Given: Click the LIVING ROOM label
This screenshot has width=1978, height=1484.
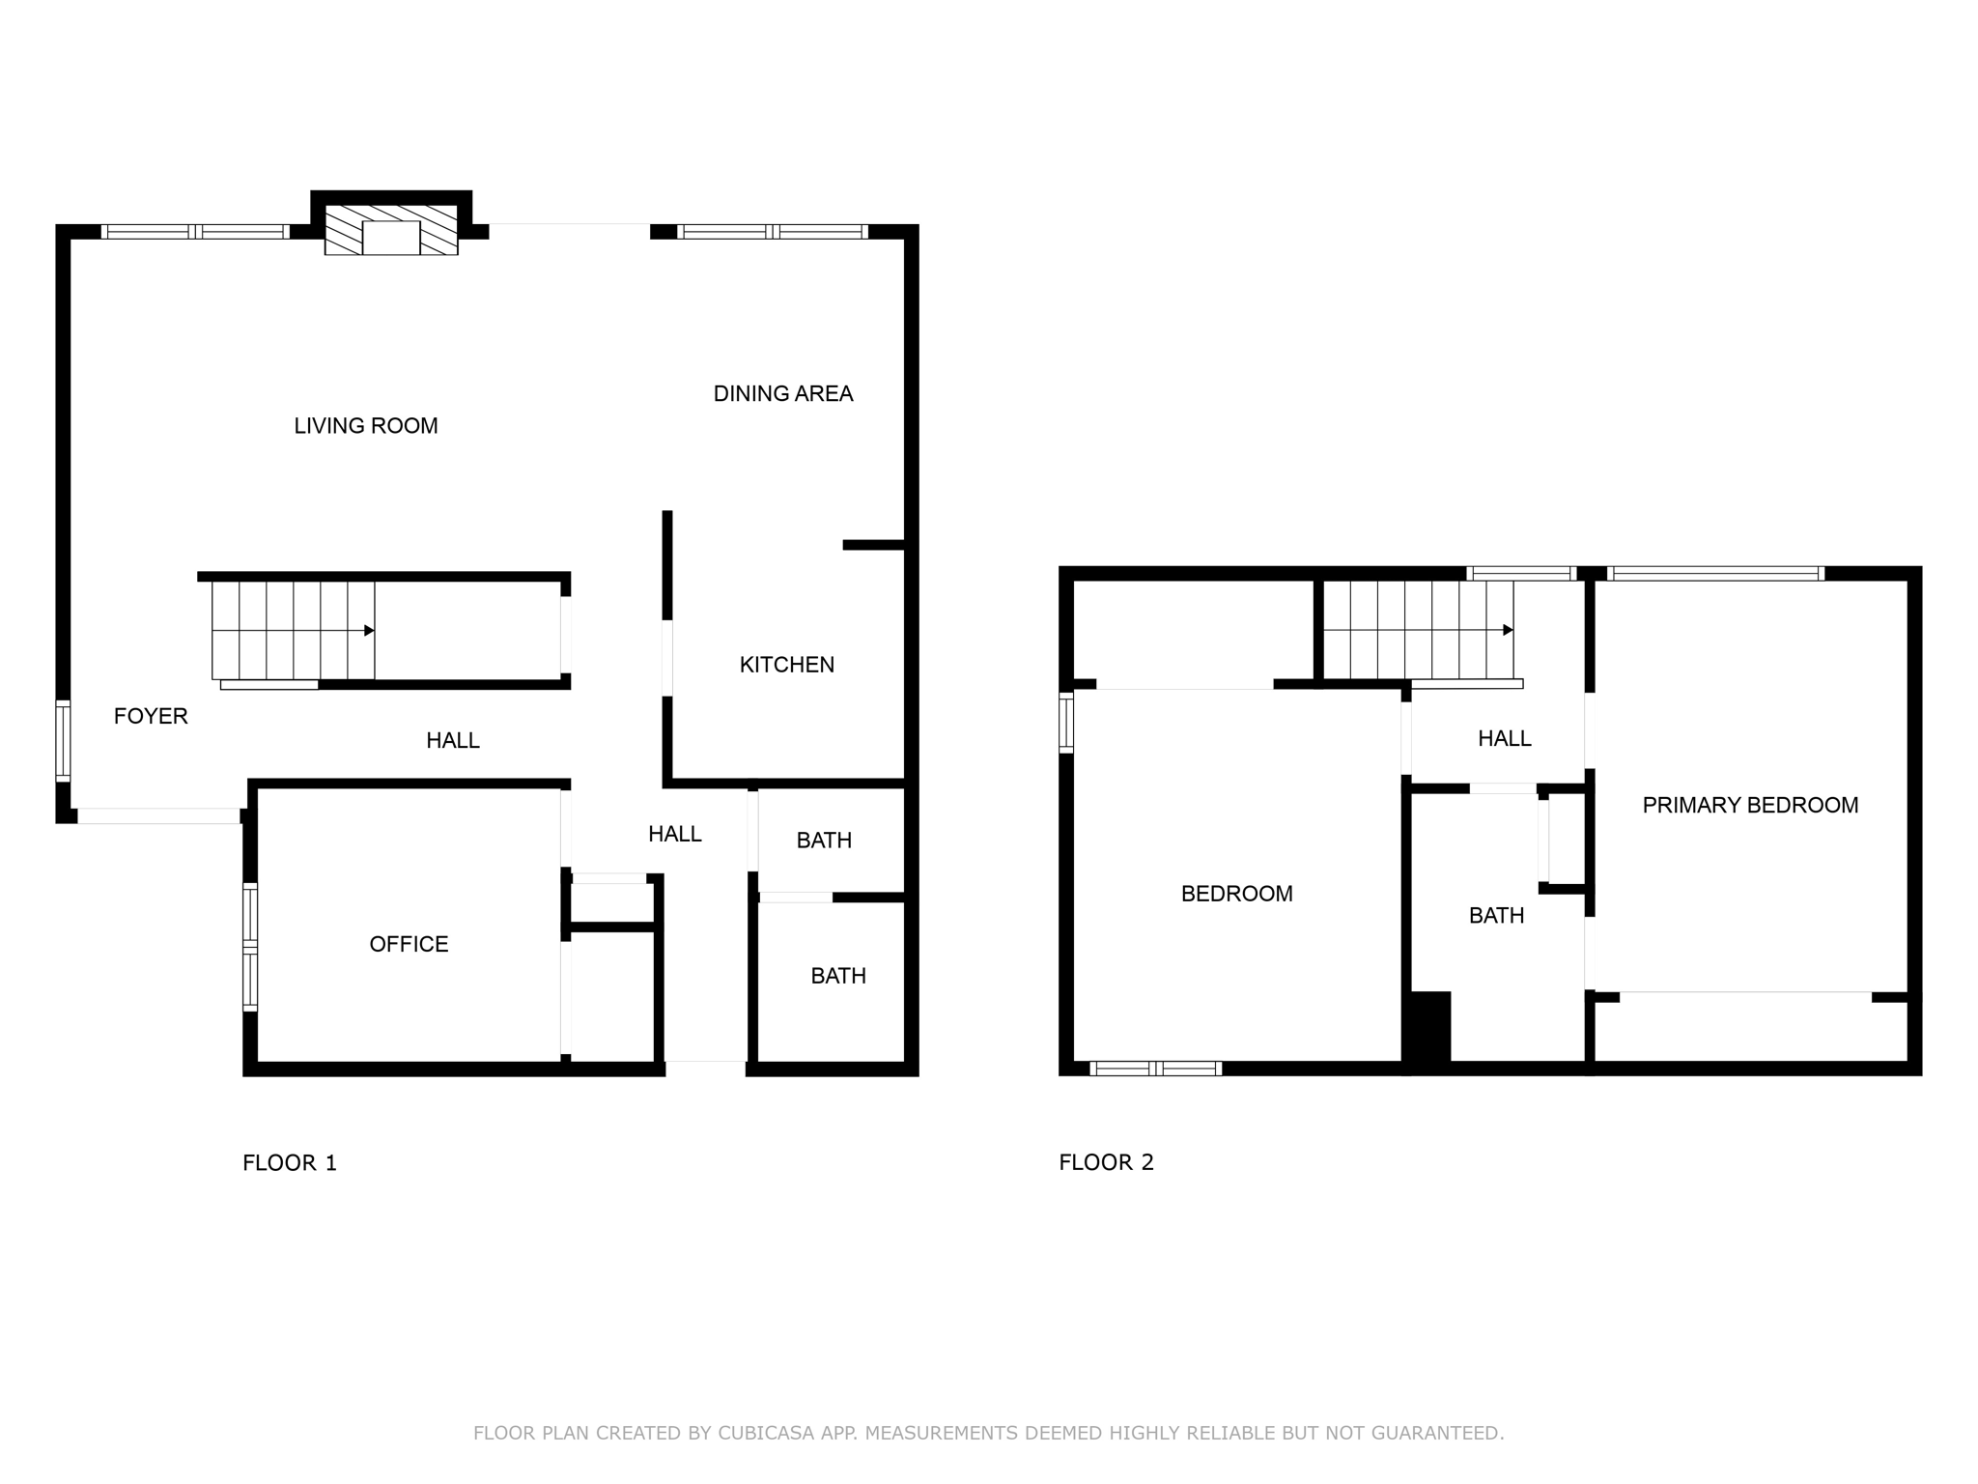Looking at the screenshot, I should pos(365,426).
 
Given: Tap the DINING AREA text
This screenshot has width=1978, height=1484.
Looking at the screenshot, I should pos(782,394).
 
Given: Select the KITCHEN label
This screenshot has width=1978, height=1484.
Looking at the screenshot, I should pos(786,665).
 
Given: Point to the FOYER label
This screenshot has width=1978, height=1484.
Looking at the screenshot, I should pos(151,716).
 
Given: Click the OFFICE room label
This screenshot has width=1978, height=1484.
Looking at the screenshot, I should pos(409,944).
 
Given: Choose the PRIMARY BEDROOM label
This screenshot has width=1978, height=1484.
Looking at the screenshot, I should pos(1750,805).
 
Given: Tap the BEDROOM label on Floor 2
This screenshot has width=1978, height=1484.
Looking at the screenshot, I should pos(1236,894).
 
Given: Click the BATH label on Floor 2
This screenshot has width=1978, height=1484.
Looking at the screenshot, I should pos(1496,916).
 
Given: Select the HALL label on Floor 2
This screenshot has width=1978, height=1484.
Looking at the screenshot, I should pos(1504,739).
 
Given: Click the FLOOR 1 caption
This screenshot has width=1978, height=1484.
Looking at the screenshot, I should pos(290,1162).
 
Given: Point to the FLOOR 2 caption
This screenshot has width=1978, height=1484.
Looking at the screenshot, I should pos(1106,1162).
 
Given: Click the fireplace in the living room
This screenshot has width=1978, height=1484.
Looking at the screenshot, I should pos(391,232).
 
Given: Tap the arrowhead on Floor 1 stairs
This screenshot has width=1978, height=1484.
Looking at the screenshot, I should pos(369,631).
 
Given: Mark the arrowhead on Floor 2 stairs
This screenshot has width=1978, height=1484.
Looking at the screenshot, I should pos(1508,631).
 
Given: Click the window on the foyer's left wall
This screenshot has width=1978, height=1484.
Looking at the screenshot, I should pos(63,740).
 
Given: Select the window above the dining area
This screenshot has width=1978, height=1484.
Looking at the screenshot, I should pos(772,232).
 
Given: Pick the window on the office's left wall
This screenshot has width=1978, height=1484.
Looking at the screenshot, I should pos(249,947).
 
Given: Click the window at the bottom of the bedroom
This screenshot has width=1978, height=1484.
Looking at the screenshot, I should pos(1155,1069).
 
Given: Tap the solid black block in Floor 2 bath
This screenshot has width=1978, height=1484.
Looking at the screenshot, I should pos(1429,1027).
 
